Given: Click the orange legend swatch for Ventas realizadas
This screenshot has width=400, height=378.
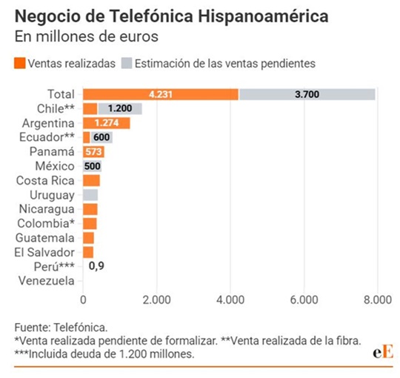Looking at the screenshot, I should click(19, 64).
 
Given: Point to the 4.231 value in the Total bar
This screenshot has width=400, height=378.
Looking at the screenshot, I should click(161, 94).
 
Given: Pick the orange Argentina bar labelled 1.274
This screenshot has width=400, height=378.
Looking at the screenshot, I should click(106, 123).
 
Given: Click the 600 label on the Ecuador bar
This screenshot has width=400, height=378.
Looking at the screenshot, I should click(101, 137).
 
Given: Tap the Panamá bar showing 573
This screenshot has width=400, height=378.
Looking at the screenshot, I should click(94, 152).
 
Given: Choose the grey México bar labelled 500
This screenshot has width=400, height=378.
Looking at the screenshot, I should click(92, 166).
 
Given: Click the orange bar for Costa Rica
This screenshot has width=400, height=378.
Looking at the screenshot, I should click(91, 181).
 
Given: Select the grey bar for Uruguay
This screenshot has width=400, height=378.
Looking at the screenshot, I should click(90, 195).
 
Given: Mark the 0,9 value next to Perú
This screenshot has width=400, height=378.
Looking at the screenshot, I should click(96, 266).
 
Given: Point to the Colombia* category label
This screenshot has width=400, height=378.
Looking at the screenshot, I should click(45, 224).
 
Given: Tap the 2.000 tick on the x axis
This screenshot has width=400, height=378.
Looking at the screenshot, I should click(156, 299).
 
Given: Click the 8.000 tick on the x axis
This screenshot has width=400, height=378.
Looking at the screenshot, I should click(376, 299).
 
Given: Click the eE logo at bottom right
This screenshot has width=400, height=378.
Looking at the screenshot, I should click(382, 351).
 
